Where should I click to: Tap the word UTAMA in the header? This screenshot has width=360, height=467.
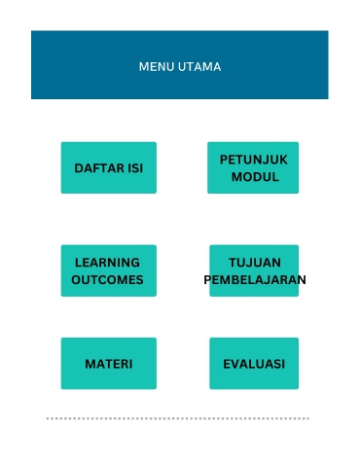(x=199, y=67)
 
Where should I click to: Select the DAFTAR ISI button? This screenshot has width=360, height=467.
(x=109, y=167)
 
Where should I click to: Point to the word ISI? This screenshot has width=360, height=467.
(x=135, y=168)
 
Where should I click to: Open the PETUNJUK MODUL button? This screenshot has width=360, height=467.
(x=253, y=167)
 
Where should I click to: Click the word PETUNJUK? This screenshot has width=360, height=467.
(x=254, y=160)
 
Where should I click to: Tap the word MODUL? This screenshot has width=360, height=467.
(x=255, y=177)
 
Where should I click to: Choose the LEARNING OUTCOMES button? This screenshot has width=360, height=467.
(x=109, y=270)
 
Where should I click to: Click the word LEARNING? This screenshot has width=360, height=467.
(x=107, y=263)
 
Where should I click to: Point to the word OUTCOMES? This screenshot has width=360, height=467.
(x=107, y=280)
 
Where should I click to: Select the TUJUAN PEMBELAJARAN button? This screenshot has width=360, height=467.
(x=254, y=270)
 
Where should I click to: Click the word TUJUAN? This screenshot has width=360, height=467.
(x=255, y=263)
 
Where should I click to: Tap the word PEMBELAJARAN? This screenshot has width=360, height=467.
(x=255, y=280)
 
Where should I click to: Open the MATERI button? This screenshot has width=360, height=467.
(x=109, y=363)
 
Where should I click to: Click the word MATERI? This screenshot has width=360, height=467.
(x=109, y=364)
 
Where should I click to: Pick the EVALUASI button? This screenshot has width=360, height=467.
(x=254, y=363)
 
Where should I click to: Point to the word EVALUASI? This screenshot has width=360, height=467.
(x=254, y=364)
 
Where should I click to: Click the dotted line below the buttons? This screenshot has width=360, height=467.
(x=178, y=418)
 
